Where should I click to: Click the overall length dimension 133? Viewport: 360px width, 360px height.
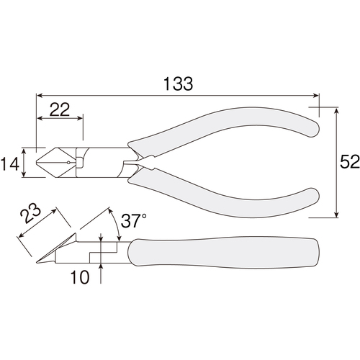(x=178, y=84)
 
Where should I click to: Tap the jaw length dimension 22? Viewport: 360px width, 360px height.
(x=60, y=109)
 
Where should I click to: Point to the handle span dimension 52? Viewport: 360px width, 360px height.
(x=350, y=162)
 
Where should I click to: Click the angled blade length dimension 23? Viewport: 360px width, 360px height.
(x=30, y=213)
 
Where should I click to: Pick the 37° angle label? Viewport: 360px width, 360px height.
(x=133, y=221)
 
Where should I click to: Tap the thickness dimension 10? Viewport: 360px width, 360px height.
(x=80, y=277)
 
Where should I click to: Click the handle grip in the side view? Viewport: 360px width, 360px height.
(x=223, y=253)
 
